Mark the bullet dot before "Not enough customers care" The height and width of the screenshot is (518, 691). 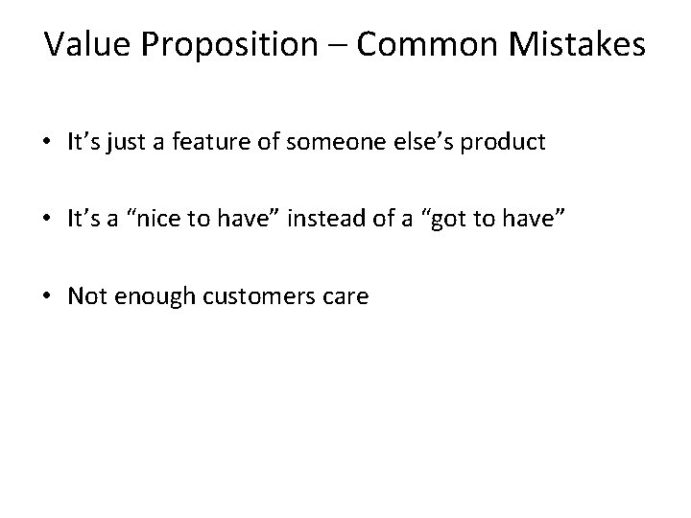coord(47,297)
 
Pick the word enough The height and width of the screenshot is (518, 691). coord(145,296)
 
